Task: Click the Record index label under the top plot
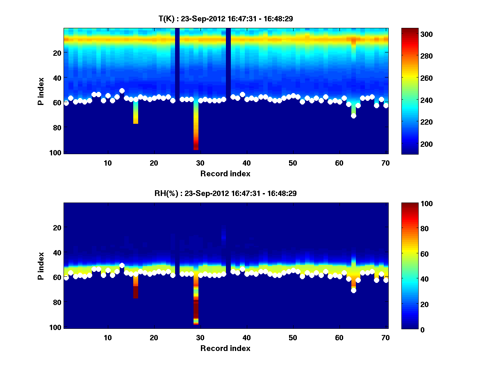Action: pyautogui.click(x=225, y=173)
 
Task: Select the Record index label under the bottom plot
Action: pyautogui.click(x=225, y=348)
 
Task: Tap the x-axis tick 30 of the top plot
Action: pyautogui.click(x=200, y=163)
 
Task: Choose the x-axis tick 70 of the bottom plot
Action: pyautogui.click(x=385, y=338)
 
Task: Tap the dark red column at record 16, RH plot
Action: pyautogui.click(x=136, y=292)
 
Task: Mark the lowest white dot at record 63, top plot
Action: pyautogui.click(x=353, y=116)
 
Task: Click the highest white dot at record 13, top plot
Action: pyautogui.click(x=122, y=91)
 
